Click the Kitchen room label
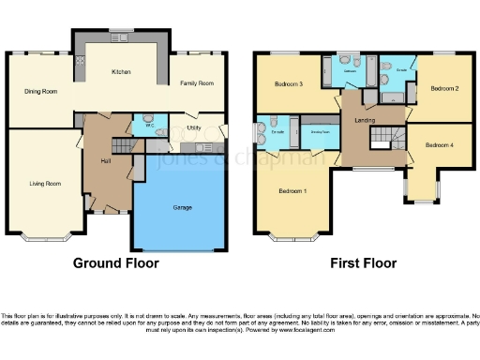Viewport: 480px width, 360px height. point(121,72)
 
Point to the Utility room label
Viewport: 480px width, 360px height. point(194,127)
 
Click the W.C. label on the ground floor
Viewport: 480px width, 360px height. point(138,126)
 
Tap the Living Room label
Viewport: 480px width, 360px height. point(44,184)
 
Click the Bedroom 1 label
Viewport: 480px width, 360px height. point(292,191)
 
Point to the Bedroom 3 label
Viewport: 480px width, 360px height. point(288,84)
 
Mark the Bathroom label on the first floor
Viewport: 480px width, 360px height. point(351,70)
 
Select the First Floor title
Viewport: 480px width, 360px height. point(362,263)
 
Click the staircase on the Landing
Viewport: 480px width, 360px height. point(385,138)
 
